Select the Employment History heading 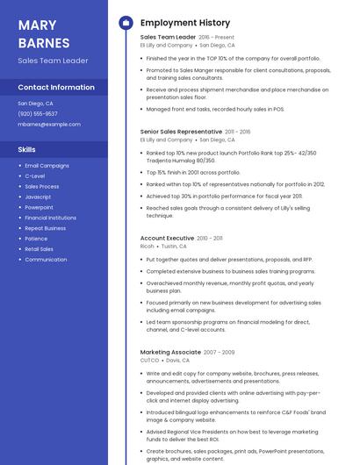(185, 23)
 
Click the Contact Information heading (56, 88)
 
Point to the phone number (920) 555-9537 (38, 113)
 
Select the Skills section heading (26, 149)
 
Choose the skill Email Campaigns (47, 166)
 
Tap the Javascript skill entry (39, 197)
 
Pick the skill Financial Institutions (50, 218)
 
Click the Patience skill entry (36, 239)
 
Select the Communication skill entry (46, 260)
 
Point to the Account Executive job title (167, 238)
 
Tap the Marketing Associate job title (170, 352)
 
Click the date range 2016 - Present (217, 38)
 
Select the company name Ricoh (147, 247)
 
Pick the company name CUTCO (149, 360)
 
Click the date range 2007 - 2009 (220, 352)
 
